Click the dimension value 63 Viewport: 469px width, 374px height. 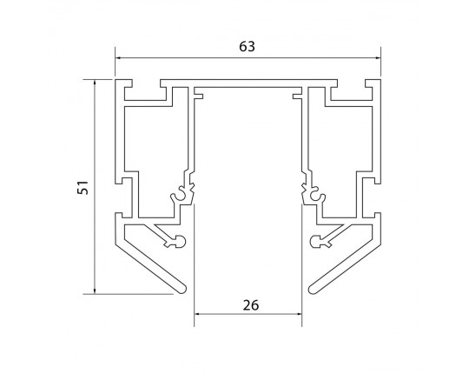(x=247, y=46)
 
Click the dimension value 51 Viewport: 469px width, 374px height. (x=83, y=188)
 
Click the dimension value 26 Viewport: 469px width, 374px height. (x=251, y=305)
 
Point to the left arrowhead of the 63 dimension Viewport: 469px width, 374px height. (x=119, y=57)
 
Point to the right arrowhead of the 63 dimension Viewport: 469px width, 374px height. (x=377, y=57)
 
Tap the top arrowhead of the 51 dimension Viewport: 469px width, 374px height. (x=95, y=83)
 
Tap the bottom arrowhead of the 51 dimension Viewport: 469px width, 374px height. (x=95, y=291)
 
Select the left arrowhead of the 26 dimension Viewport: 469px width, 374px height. (x=198, y=314)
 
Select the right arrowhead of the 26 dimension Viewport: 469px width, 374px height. (x=298, y=314)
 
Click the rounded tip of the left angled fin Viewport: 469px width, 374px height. (x=182, y=290)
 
